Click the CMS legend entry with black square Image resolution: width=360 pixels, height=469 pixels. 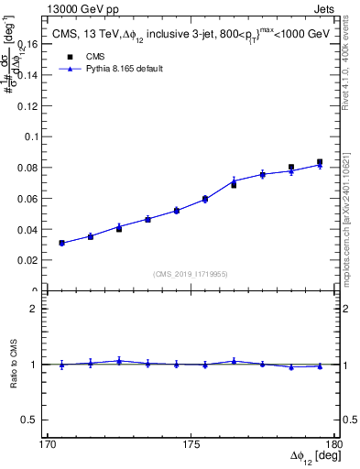[88, 56]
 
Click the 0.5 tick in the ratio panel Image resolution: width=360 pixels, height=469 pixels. [32, 420]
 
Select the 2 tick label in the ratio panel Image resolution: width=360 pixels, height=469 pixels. [38, 309]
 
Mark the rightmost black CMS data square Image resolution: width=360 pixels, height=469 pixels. [320, 162]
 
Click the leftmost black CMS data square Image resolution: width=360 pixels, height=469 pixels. [61, 244]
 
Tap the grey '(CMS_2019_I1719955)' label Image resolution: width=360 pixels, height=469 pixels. [191, 273]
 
